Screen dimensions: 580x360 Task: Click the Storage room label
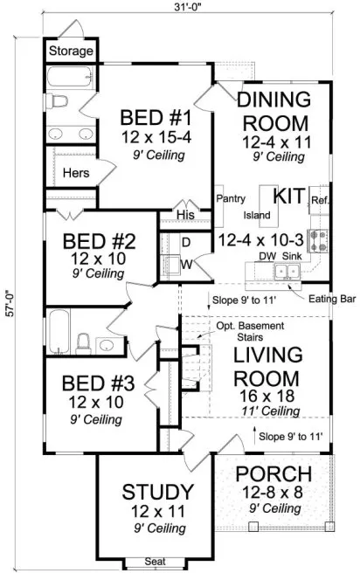pos(70,52)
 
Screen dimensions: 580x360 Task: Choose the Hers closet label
pos(76,173)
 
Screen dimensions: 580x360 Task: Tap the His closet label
pos(183,214)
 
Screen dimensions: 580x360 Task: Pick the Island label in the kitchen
pos(257,214)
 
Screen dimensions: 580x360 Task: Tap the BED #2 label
pos(90,243)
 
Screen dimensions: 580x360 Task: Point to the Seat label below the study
pos(156,564)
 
